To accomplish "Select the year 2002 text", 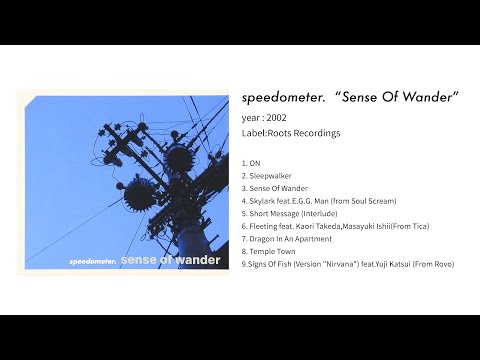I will pos(264,117).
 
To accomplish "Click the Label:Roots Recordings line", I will pos(291,133).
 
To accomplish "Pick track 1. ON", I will pos(253,162).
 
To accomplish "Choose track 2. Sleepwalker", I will pos(267,175).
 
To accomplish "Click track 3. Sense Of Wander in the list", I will pos(274,188).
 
